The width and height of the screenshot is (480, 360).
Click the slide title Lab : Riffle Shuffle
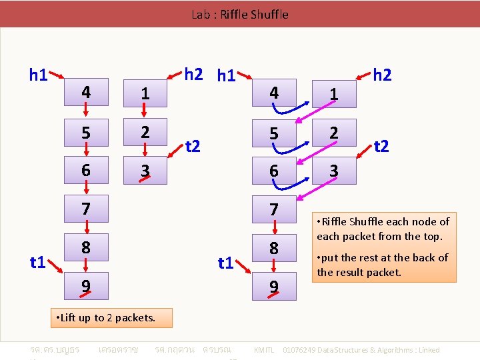(x=240, y=14)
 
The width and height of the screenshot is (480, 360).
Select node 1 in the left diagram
(x=145, y=95)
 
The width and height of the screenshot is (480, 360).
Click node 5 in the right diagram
(x=273, y=133)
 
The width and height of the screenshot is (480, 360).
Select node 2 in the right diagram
(x=334, y=133)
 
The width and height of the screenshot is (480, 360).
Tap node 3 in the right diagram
(x=334, y=171)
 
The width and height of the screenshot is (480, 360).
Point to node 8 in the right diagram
(x=273, y=249)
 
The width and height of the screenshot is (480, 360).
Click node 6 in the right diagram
(x=273, y=171)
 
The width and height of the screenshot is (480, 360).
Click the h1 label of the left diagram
(x=38, y=75)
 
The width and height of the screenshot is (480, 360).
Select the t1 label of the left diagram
(x=38, y=262)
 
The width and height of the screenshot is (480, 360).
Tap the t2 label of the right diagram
(x=382, y=146)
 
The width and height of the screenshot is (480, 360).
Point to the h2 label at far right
(x=382, y=75)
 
